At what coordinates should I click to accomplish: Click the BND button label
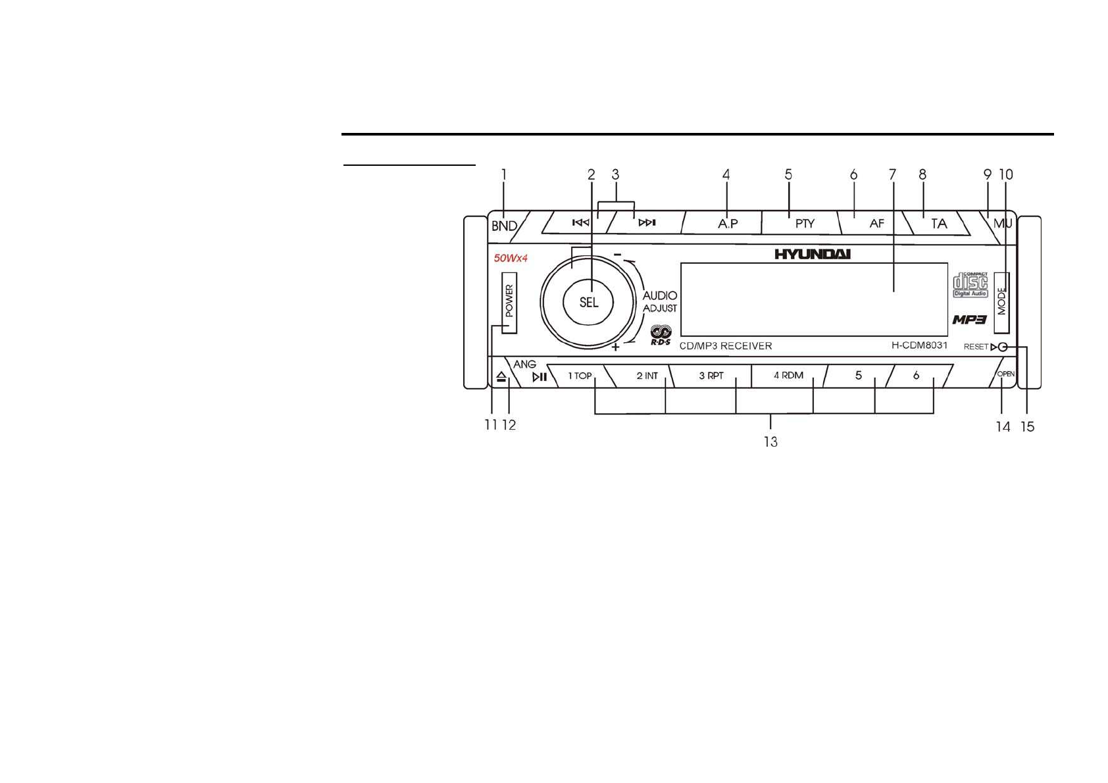point(504,226)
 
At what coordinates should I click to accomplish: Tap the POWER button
point(509,302)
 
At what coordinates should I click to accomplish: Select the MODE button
point(1001,302)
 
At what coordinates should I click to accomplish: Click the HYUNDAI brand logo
point(812,254)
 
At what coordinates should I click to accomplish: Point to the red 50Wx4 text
point(511,258)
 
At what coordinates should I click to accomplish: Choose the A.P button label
point(728,224)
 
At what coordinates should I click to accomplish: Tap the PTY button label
point(805,224)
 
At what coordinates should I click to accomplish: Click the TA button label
point(939,224)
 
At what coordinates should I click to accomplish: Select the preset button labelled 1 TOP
point(580,376)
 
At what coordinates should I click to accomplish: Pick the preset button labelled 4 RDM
point(788,376)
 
